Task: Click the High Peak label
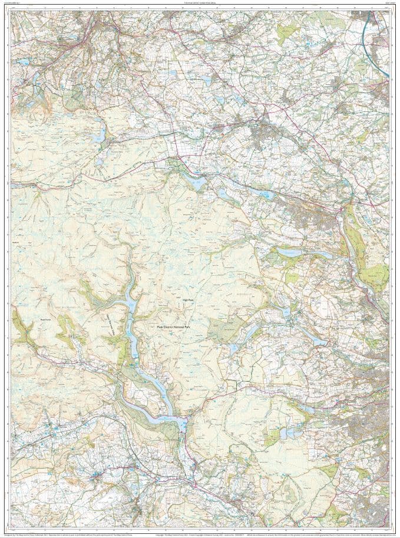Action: coord(188,301)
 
